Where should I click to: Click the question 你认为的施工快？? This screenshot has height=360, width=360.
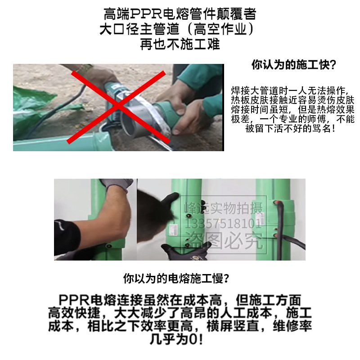[x=293, y=65]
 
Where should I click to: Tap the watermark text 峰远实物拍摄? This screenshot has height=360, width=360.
[x=227, y=208]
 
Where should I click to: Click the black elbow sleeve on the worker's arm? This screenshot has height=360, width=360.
[x=67, y=234]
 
